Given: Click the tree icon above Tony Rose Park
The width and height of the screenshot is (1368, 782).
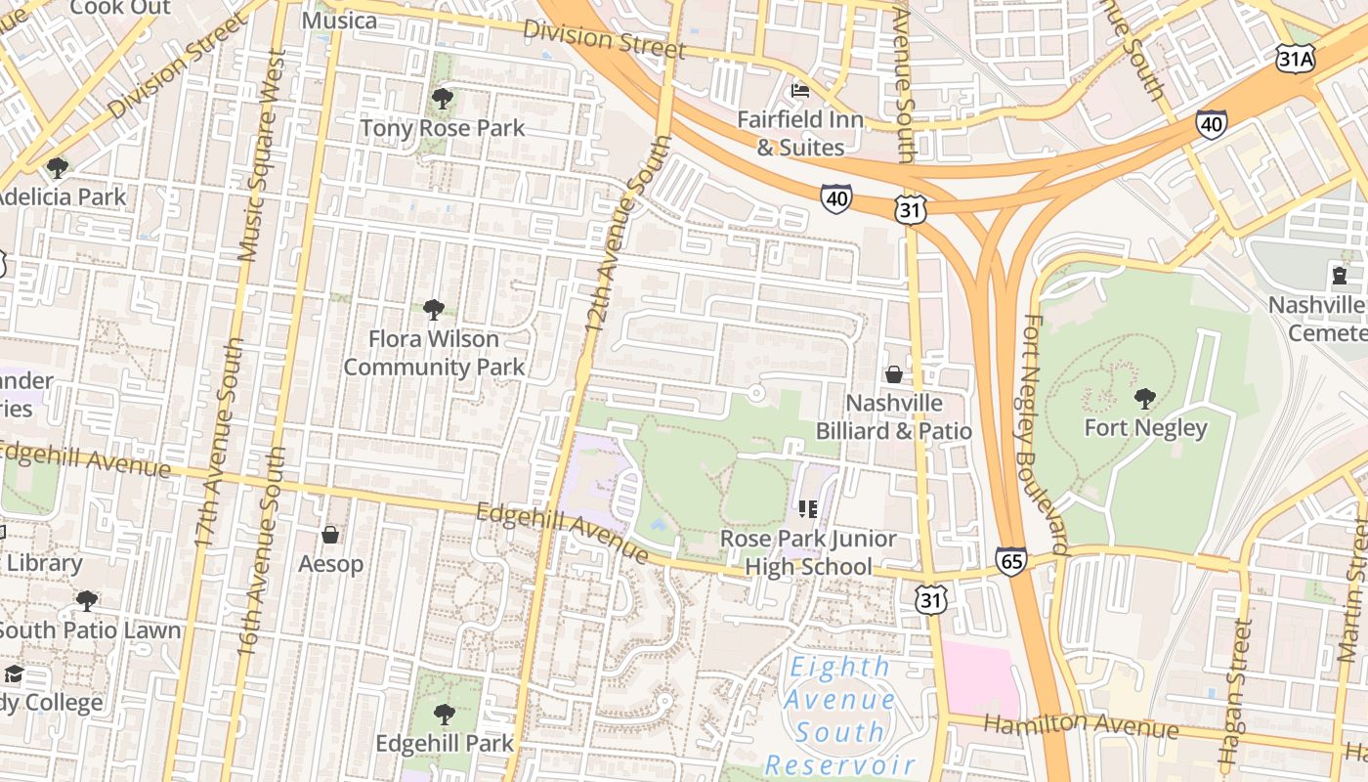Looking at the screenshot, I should tap(443, 98).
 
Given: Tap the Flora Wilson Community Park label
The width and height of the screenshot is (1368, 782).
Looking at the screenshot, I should tap(434, 353).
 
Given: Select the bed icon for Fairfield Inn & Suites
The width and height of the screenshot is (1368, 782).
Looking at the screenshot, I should tap(800, 91).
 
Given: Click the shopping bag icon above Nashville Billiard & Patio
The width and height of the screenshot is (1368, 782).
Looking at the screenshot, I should tap(893, 374).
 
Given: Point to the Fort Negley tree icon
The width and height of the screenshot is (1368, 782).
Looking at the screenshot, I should tap(1145, 398).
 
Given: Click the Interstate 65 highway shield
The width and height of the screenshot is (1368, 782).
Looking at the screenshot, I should tap(1011, 560).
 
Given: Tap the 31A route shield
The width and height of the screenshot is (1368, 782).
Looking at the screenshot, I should tap(1296, 60).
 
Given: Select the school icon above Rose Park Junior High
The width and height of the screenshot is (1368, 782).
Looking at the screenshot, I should tap(808, 508).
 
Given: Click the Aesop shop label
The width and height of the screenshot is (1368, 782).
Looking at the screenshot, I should tap(330, 564).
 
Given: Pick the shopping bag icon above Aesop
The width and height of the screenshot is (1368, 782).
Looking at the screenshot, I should tap(330, 535).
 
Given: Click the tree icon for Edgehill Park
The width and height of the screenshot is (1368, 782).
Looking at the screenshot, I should tap(445, 714).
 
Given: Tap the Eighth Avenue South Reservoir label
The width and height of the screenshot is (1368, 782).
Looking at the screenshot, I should tap(839, 717).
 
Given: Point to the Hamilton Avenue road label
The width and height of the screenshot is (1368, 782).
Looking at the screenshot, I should tap(1081, 725).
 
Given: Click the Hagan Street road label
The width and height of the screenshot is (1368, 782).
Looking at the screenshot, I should tap(1234, 694).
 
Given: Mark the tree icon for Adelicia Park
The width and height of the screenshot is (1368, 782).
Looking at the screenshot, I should tap(58, 167).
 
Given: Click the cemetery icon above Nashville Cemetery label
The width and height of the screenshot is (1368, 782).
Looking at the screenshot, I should tap(1339, 275).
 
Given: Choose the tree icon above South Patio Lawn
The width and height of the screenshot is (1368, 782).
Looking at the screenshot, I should tap(87, 600).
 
